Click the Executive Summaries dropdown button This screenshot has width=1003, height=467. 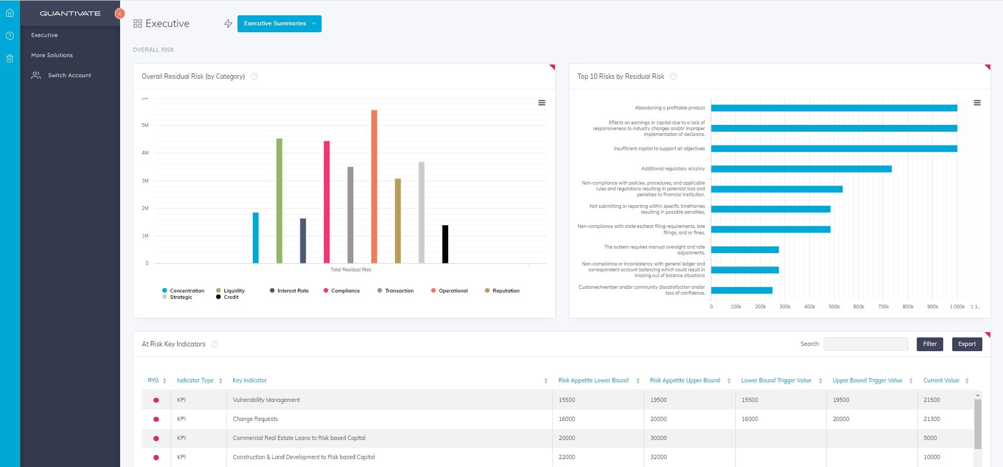coord(279,24)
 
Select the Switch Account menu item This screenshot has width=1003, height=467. coord(69,76)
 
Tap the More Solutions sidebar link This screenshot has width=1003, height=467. coord(52,56)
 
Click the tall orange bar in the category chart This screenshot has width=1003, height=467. coord(374,186)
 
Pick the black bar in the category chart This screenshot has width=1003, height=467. coord(445,244)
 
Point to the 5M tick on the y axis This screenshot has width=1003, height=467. coord(145,125)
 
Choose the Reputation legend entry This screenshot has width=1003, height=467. coord(506,291)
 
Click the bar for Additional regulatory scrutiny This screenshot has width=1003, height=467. coord(801,169)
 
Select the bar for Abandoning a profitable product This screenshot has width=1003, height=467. coord(834,108)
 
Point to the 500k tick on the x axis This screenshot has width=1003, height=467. coord(834,307)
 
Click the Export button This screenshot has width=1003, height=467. coord(966,344)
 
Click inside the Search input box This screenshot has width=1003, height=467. coord(865,344)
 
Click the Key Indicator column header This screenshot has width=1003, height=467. coord(250,381)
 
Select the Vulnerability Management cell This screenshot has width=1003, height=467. coord(266,400)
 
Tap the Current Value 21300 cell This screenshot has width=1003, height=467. coord(932,419)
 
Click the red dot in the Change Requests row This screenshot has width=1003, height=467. coord(156,419)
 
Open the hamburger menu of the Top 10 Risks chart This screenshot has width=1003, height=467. coord(977,103)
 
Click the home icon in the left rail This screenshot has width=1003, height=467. coord(10,13)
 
